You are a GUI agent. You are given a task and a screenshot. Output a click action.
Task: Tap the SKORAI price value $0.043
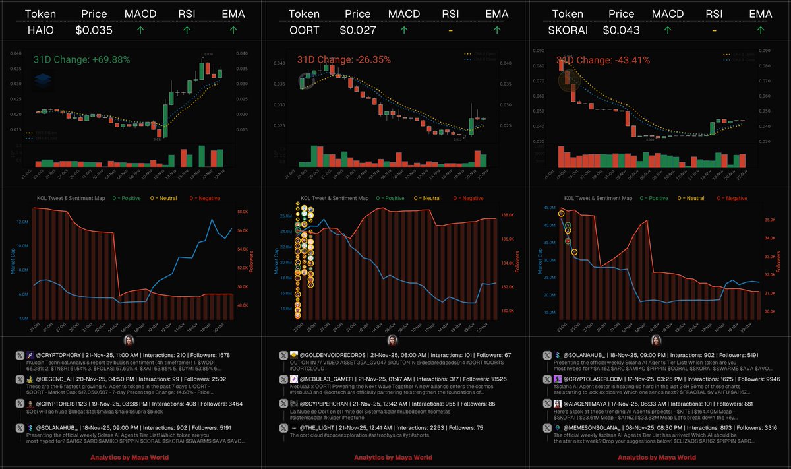point(621,30)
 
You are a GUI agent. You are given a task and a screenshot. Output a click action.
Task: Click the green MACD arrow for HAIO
point(140,30)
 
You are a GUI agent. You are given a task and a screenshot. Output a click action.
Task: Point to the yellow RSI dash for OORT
point(450,30)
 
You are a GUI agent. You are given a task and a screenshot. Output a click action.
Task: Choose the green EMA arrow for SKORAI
point(761,30)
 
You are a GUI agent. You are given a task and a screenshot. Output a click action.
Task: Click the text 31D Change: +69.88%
point(81,60)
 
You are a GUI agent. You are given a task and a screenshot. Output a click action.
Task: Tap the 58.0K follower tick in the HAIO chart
point(241,212)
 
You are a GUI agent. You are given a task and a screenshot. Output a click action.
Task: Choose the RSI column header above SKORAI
point(713,13)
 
